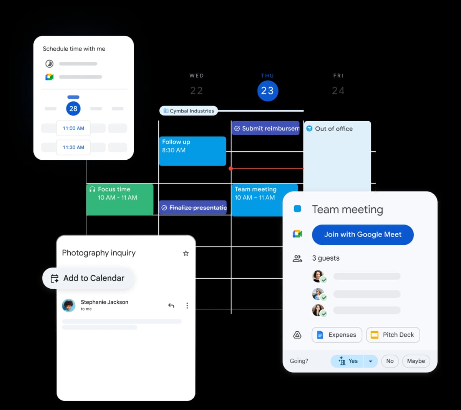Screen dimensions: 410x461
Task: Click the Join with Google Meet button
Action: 363,235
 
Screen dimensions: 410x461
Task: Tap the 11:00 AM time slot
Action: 73,128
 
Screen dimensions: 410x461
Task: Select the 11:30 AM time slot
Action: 73,147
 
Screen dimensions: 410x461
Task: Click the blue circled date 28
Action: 73,109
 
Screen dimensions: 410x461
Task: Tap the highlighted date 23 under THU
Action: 267,91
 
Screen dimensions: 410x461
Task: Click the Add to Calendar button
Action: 89,278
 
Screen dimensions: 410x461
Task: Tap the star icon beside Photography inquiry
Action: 186,253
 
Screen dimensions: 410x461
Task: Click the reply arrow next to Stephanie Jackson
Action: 171,306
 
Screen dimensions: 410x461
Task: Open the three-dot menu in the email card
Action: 187,306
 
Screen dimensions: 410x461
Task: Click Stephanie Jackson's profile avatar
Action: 69,306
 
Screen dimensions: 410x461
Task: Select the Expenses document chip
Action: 337,335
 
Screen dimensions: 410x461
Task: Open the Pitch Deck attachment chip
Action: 393,335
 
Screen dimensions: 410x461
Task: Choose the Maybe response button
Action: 416,361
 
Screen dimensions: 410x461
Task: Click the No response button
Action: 390,361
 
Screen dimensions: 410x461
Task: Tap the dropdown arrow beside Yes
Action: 371,361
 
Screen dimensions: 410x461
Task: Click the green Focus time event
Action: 120,199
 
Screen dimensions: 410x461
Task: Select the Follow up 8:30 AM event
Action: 192,151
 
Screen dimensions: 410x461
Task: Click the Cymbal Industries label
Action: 189,111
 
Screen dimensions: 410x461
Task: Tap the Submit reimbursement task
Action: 265,129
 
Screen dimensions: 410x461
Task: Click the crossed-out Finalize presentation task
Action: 193,208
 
